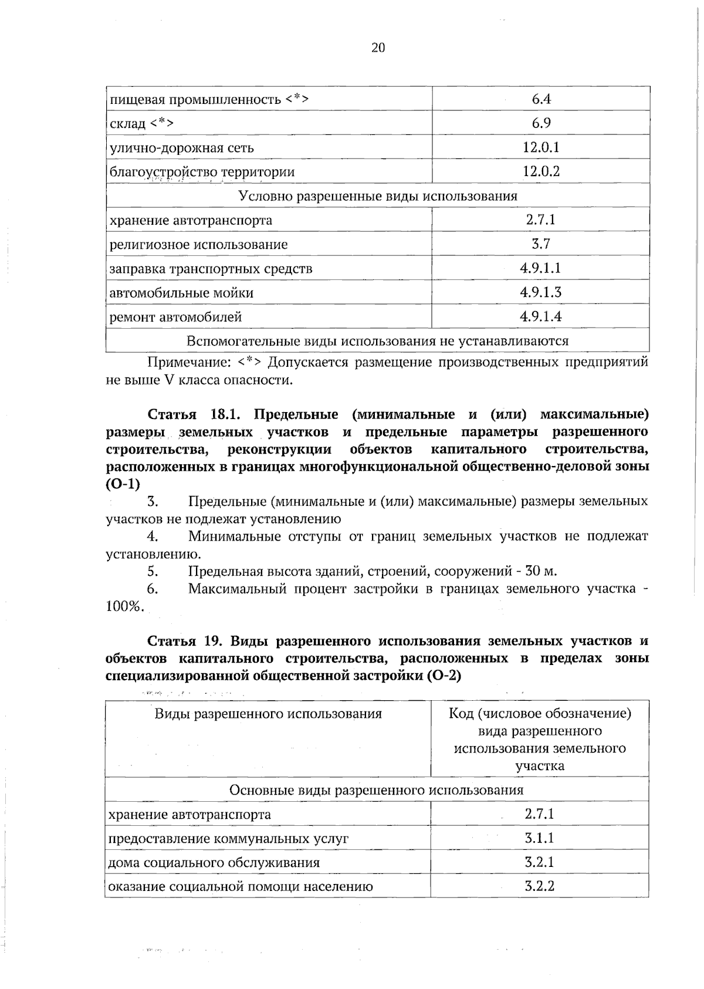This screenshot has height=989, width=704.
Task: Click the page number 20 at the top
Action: coord(378,48)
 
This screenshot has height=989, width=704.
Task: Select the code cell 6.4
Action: coord(540,99)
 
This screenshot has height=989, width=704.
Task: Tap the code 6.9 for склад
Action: coord(540,123)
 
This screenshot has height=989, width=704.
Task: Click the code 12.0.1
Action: coord(540,147)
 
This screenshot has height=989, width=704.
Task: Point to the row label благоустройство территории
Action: coord(202,172)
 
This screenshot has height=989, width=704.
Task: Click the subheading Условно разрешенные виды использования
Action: coord(378,196)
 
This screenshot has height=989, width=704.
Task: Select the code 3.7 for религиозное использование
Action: coord(540,244)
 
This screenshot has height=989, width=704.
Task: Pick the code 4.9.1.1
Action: coord(540,268)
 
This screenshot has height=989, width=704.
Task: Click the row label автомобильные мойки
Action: coord(181,293)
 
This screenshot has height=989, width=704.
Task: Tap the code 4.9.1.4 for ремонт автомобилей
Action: coord(540,317)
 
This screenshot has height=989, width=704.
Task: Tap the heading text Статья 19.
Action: coord(185,641)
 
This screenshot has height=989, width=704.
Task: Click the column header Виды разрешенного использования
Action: coord(268,714)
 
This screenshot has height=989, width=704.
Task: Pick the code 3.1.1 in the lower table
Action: coord(539,838)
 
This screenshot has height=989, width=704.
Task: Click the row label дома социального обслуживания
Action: coord(214,863)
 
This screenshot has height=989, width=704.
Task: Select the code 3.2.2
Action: coord(539,886)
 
